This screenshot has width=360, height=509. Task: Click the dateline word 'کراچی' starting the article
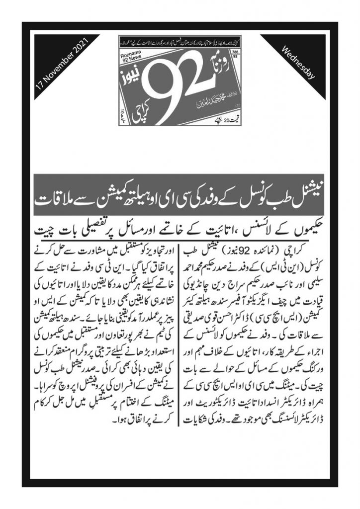[x=304, y=250]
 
